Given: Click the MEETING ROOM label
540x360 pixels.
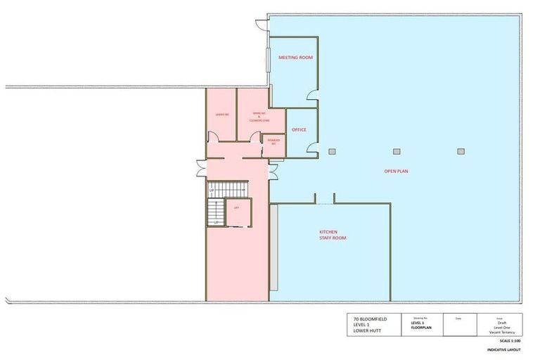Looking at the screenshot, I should tap(295, 58).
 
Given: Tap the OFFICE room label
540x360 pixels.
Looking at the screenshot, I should tap(299, 130).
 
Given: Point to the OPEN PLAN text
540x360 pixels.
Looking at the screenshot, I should tap(396, 171).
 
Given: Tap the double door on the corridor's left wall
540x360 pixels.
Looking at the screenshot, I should tap(201, 169).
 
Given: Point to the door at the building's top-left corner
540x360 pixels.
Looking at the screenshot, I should tap(262, 25).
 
